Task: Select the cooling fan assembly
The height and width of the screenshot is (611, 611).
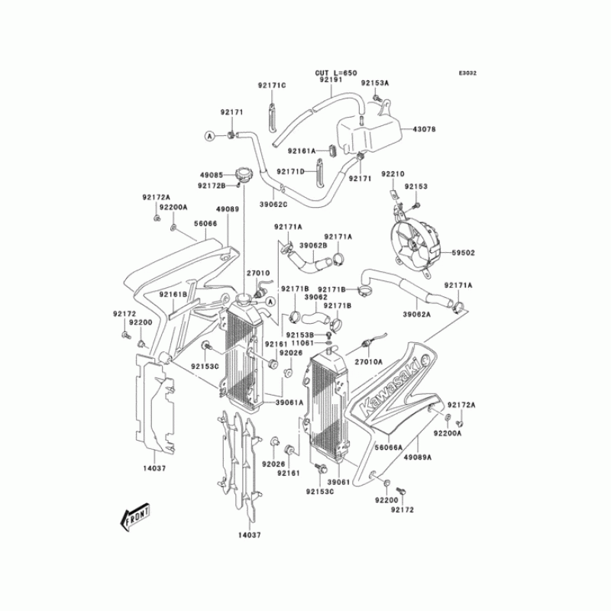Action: tap(412, 244)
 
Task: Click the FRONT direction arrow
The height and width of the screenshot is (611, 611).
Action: tap(134, 516)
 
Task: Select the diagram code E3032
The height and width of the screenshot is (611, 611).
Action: tap(467, 73)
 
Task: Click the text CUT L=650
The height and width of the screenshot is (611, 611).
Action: tap(336, 73)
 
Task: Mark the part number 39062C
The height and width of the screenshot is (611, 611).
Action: tap(273, 205)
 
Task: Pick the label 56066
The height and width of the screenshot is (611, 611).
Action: tap(205, 224)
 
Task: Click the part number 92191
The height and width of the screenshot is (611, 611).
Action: tap(330, 79)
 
